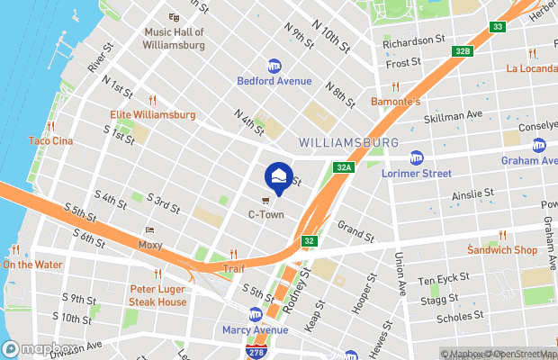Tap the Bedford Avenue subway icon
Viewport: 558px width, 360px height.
click(274, 66)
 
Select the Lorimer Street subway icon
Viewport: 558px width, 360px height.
click(416, 157)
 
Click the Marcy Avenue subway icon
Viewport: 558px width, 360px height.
click(256, 315)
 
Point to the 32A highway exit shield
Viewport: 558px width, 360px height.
click(343, 167)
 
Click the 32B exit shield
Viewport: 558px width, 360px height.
click(463, 52)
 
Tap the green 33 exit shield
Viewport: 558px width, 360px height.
click(498, 28)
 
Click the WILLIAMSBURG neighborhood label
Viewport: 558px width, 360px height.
click(348, 143)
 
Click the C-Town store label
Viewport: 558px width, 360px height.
click(266, 215)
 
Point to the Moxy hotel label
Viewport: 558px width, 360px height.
click(150, 244)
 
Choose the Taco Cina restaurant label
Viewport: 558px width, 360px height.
click(49, 140)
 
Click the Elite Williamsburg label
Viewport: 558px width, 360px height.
click(152, 115)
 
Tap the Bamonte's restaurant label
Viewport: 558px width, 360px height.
click(396, 102)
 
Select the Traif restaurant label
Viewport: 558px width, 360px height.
click(234, 267)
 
